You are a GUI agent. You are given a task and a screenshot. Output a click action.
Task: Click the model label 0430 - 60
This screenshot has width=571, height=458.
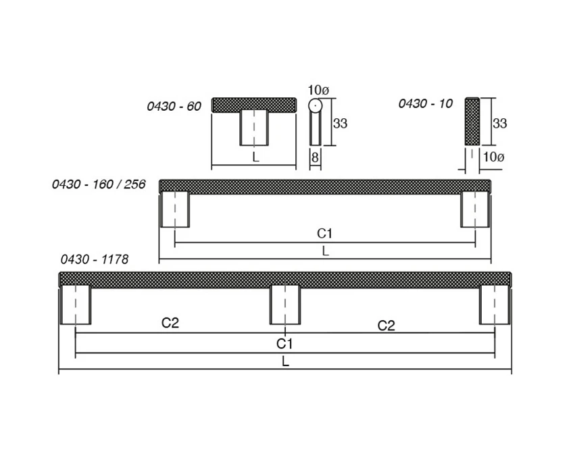(x=174, y=106)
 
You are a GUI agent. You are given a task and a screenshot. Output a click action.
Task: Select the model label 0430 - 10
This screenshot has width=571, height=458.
(x=425, y=104)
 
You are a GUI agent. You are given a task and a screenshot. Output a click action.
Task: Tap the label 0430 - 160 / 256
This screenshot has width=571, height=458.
(x=99, y=184)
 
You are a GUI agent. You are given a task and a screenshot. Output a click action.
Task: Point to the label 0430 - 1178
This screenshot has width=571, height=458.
(x=95, y=259)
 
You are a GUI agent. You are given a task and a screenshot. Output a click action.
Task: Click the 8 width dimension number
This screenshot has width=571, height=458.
(x=315, y=157)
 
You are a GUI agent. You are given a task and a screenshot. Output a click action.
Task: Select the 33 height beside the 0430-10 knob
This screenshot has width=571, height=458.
(x=499, y=124)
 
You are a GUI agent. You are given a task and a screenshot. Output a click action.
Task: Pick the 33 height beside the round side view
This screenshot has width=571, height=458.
(x=340, y=124)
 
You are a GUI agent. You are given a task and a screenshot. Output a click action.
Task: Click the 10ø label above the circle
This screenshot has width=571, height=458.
(x=318, y=90)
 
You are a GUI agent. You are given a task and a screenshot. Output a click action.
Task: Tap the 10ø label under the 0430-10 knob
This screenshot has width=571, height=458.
(x=493, y=157)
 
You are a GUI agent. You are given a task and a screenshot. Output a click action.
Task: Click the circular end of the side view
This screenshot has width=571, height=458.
(x=315, y=105)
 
